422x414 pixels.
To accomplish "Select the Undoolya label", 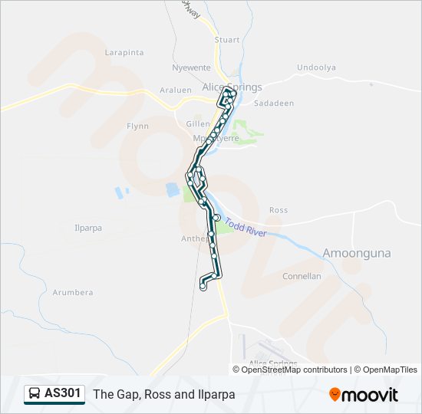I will [316, 67].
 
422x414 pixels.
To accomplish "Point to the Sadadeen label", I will [273, 102].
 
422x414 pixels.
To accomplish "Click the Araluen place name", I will [175, 90].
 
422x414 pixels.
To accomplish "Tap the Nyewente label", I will [192, 67].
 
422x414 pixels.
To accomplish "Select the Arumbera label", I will [73, 292].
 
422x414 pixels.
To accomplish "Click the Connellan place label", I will [302, 276].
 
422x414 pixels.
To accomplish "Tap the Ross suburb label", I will [279, 210].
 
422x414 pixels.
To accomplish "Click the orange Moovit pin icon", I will [335, 394].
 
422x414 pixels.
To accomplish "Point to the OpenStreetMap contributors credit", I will [295, 370].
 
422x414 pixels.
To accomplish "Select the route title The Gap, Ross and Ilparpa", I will [164, 395].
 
